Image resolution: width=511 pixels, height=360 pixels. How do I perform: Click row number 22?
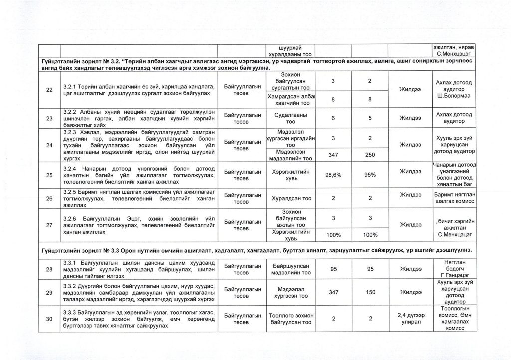[48, 90]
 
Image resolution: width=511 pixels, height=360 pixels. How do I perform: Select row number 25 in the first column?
[48, 175]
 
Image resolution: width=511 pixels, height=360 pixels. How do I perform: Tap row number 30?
[48, 319]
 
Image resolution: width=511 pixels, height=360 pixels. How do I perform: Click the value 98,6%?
[333, 175]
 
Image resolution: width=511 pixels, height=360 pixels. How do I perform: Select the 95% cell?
[369, 175]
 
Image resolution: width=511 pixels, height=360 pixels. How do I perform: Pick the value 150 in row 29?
[369, 293]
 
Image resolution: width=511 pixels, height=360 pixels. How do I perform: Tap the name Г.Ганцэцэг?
[453, 275]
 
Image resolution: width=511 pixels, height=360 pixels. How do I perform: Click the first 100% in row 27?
[333, 234]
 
